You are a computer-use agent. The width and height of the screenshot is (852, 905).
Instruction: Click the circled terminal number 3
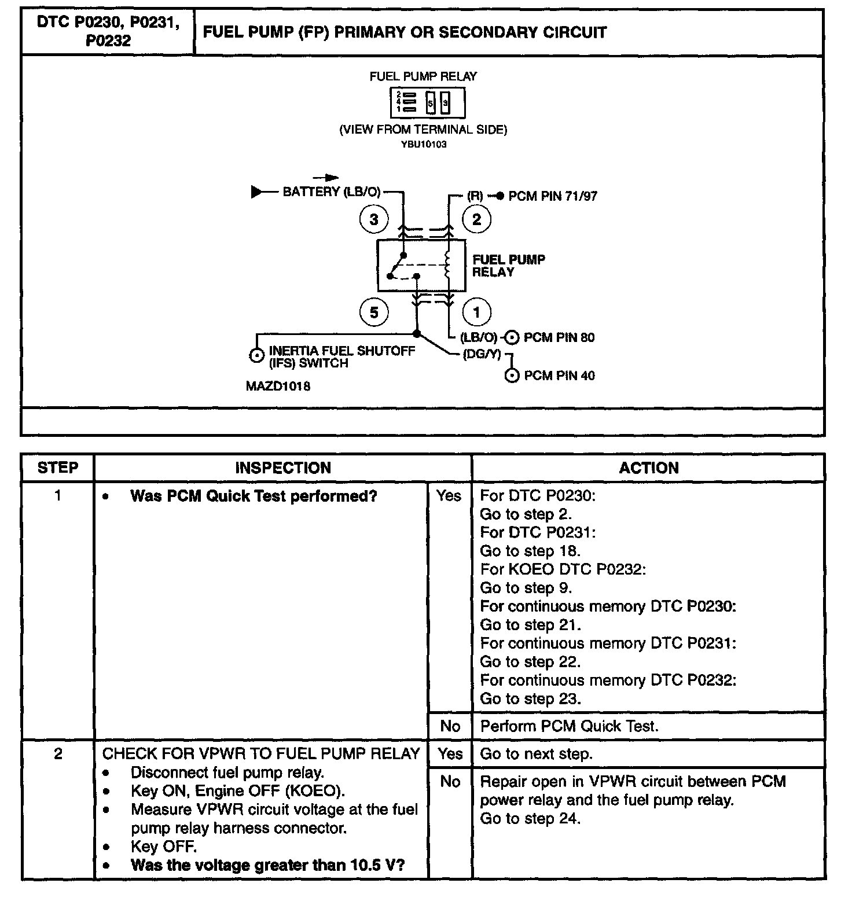[374, 219]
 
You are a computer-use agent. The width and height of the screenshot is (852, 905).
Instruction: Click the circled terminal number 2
[476, 219]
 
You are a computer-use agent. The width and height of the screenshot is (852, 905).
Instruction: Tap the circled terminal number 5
[374, 312]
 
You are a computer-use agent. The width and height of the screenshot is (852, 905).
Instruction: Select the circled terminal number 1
[476, 312]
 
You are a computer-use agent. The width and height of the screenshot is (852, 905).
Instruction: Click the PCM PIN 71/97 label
[552, 196]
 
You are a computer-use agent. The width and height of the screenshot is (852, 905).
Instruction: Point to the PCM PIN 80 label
[559, 337]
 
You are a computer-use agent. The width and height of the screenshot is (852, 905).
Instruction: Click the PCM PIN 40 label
[559, 376]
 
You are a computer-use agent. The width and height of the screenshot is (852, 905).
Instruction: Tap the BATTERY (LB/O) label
[331, 192]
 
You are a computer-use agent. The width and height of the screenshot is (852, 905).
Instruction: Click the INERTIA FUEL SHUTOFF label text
[341, 351]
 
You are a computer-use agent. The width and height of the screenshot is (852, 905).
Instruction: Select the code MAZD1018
[278, 386]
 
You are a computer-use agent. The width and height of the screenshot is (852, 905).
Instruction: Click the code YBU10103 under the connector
[424, 144]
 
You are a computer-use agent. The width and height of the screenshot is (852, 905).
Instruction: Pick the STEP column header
[57, 468]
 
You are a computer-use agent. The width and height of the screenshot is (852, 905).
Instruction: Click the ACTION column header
[648, 468]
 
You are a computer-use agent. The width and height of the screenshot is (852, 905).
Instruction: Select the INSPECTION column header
[282, 468]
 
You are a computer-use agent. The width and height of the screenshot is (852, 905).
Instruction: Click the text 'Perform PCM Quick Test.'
[570, 726]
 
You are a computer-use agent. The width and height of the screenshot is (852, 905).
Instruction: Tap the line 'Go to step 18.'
[530, 551]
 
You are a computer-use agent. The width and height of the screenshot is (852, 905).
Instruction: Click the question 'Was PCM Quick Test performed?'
[254, 496]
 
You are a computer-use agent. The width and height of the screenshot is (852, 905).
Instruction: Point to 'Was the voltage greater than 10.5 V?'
[267, 865]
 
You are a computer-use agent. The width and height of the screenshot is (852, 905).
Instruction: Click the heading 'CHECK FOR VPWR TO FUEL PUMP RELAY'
[260, 753]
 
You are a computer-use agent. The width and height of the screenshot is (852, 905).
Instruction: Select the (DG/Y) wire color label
[482, 354]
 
